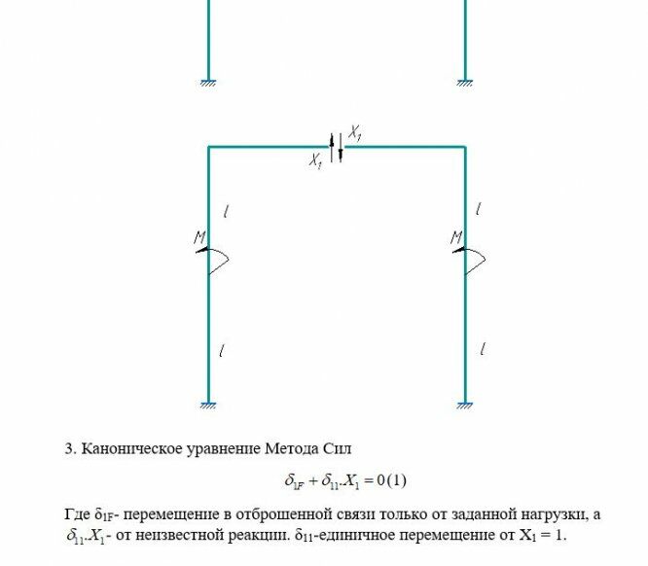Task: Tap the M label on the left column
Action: (198, 237)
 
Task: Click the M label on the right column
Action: (456, 237)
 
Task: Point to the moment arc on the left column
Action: (220, 260)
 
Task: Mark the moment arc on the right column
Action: (478, 260)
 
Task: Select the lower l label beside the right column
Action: (484, 349)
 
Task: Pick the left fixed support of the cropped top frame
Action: (208, 83)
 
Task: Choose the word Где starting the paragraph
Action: (78, 513)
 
